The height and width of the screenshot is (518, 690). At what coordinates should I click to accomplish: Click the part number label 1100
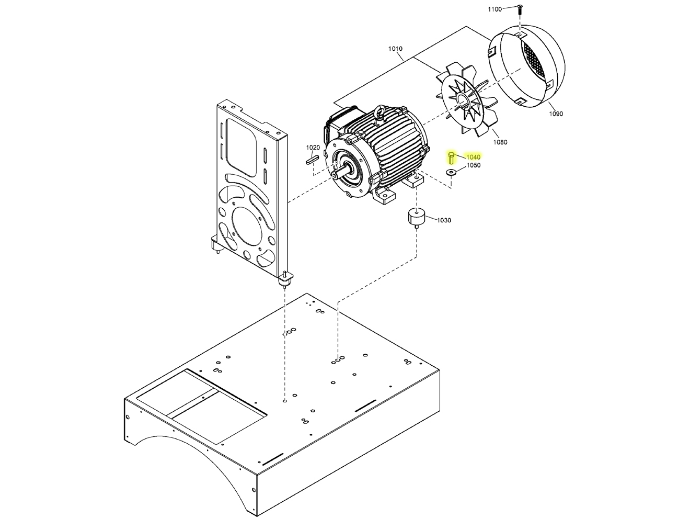click(494, 9)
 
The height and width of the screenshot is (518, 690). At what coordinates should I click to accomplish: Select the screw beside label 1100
click(519, 9)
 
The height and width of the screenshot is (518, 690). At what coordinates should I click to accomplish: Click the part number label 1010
click(395, 49)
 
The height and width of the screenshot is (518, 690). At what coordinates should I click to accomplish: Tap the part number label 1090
click(556, 114)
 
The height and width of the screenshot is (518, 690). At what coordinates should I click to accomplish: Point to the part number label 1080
click(500, 142)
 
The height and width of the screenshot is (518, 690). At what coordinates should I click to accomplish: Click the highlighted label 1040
click(473, 157)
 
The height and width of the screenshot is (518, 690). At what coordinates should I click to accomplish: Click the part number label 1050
click(473, 165)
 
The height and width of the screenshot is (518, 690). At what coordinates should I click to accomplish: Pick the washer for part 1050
click(451, 172)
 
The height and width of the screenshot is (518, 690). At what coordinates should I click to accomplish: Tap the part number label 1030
click(444, 220)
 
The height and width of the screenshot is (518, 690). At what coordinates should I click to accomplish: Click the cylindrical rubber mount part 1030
click(416, 217)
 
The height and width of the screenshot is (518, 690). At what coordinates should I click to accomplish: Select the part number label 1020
click(313, 148)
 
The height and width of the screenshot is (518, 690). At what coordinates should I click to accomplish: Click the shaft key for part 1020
click(312, 160)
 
